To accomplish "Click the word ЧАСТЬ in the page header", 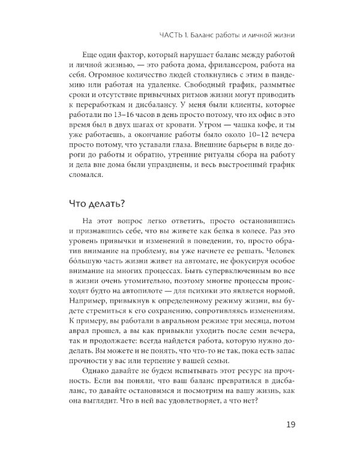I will (167, 36).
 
